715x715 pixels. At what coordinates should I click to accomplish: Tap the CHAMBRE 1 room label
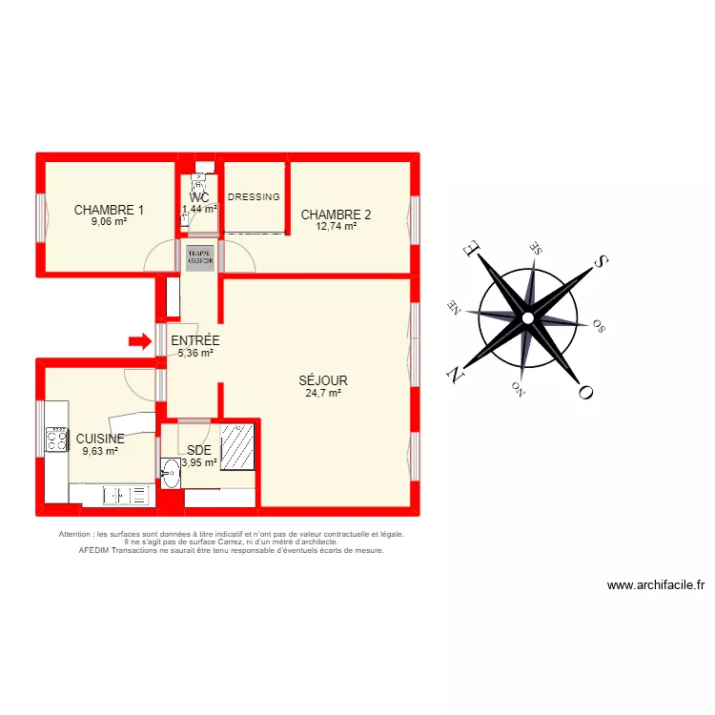click(109, 211)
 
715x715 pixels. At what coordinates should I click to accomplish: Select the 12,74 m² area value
click(336, 227)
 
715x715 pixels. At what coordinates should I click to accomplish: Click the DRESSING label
click(255, 197)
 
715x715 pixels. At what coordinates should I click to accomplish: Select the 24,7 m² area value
click(322, 393)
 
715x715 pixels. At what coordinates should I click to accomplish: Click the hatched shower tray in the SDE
click(238, 445)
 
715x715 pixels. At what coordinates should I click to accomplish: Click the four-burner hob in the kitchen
click(56, 439)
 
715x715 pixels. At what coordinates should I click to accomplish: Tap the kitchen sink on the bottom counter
click(127, 495)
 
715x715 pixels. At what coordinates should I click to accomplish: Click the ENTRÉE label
click(194, 340)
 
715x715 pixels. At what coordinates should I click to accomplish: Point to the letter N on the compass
click(457, 371)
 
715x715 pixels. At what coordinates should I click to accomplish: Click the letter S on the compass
click(600, 261)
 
